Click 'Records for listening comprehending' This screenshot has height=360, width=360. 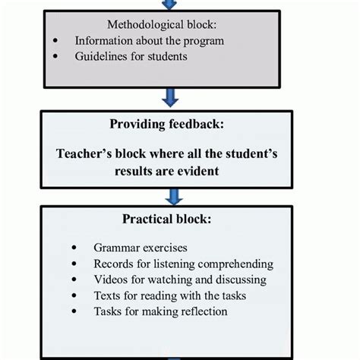point(183,264)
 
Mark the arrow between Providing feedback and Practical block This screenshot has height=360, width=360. point(174,196)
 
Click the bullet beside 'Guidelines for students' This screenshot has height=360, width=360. point(57,57)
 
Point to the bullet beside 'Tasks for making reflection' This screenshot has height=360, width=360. point(74,312)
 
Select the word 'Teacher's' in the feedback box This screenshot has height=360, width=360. point(84,154)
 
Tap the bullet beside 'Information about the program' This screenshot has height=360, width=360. point(57,41)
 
